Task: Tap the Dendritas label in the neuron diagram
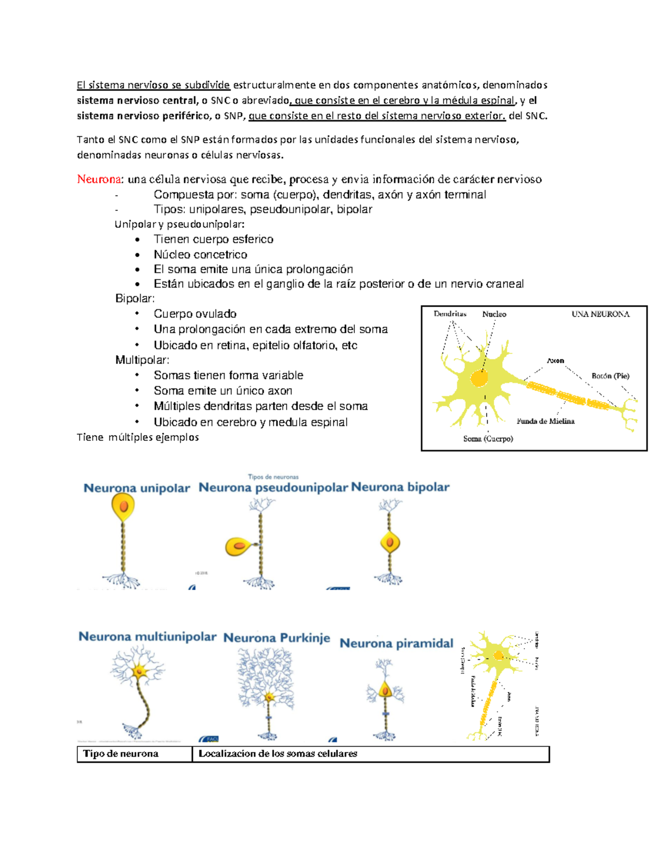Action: click(x=450, y=314)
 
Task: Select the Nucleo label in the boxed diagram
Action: click(x=494, y=314)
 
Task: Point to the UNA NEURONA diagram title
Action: click(x=600, y=314)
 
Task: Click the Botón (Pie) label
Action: click(x=610, y=376)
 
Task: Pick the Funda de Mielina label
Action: click(x=545, y=421)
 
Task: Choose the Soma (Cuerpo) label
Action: click(x=488, y=439)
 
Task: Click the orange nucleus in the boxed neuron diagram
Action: click(x=479, y=378)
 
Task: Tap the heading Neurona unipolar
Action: click(x=136, y=488)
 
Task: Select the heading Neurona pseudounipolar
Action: click(x=272, y=488)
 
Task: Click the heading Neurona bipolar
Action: click(x=400, y=487)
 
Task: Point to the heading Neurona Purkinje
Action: click(x=276, y=638)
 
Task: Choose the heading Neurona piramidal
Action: click(x=396, y=643)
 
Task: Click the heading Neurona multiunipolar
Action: click(x=147, y=637)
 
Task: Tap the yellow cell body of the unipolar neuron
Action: click(x=123, y=507)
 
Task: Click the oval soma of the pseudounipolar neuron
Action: click(x=238, y=546)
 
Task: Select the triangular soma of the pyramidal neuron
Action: click(x=385, y=690)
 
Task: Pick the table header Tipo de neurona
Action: click(x=120, y=754)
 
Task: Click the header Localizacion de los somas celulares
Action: click(x=277, y=754)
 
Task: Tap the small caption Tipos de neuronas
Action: click(x=273, y=477)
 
